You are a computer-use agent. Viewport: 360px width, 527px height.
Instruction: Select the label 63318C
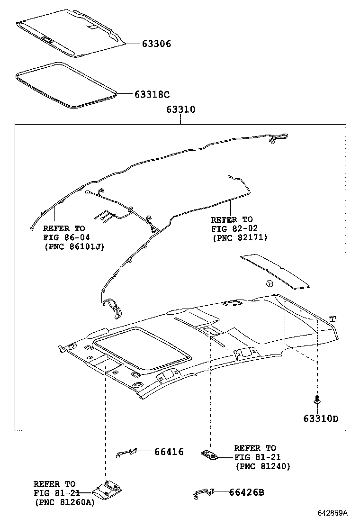[x=152, y=94]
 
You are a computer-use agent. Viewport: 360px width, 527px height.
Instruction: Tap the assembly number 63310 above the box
[x=180, y=109]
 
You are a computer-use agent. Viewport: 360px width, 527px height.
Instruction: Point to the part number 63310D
[x=321, y=418]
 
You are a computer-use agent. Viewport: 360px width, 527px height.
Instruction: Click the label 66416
[x=169, y=452]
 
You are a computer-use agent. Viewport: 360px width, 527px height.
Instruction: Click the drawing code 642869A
[x=333, y=513]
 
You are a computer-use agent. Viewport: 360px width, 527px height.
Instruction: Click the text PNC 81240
[x=263, y=466]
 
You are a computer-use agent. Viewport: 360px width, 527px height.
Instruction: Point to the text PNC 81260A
[x=65, y=502]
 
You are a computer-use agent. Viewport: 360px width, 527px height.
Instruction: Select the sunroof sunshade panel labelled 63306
[x=71, y=33]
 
